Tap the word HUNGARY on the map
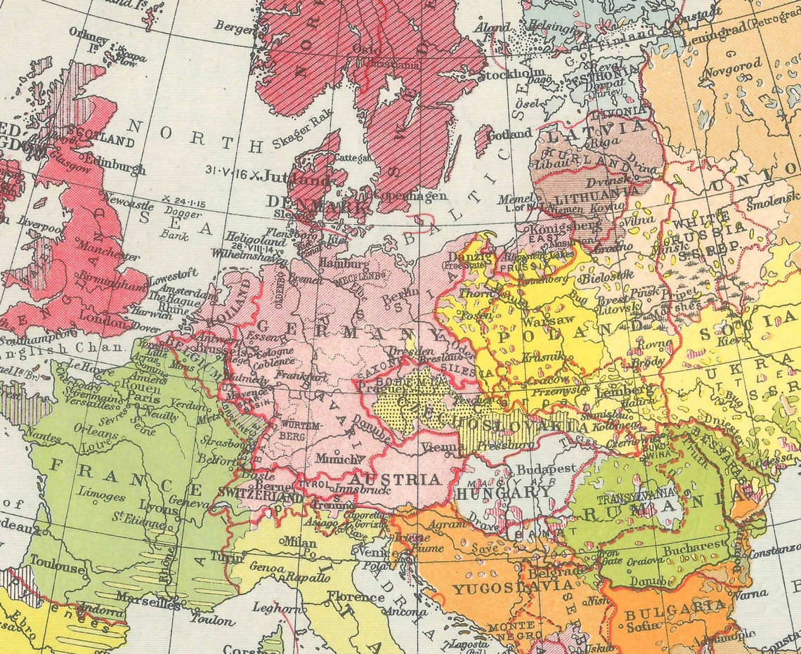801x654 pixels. [504, 492]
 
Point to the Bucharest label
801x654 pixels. [694, 544]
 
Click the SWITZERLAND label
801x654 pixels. [261, 497]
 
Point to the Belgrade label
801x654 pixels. [556, 573]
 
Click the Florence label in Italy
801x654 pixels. [355, 598]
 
